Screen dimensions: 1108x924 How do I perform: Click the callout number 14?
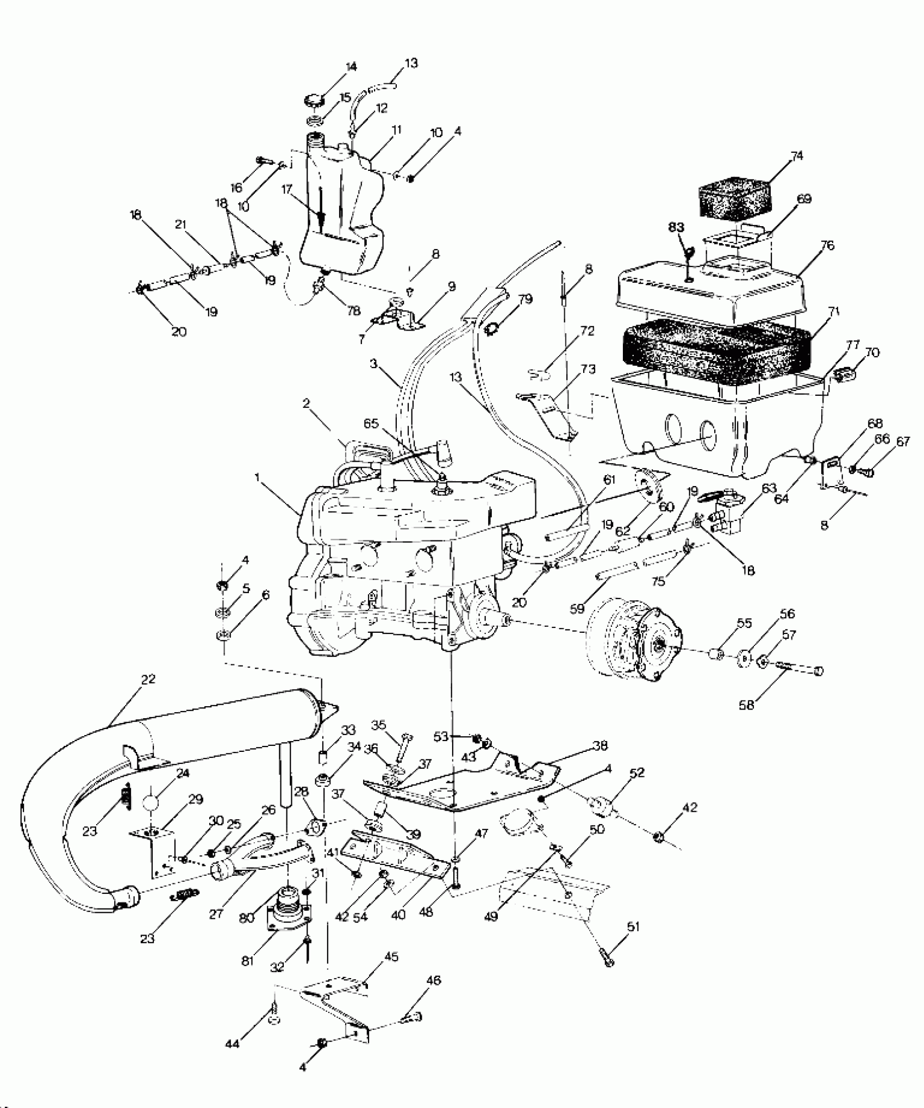(x=351, y=67)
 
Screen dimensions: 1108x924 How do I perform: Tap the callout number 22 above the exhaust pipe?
(x=147, y=679)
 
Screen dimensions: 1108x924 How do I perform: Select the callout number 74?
(x=796, y=156)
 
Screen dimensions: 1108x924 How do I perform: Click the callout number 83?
(x=677, y=227)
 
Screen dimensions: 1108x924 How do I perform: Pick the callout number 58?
(x=746, y=706)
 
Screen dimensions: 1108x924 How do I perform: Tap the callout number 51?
(x=633, y=926)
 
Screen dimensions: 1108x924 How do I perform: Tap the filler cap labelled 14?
(x=315, y=100)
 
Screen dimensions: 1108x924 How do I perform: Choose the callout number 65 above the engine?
(x=371, y=424)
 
